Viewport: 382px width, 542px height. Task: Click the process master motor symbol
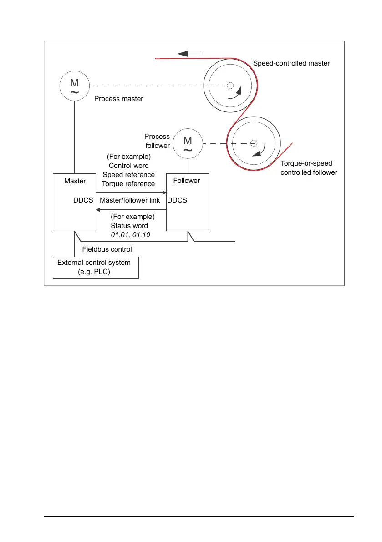74,86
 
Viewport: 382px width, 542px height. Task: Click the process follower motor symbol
188,144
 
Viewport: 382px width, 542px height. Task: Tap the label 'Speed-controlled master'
291,63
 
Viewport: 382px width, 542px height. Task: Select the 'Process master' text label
118,99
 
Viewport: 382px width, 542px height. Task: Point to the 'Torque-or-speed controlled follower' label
309,167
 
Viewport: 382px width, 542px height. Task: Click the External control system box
96,267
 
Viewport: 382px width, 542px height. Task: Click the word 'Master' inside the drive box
75,181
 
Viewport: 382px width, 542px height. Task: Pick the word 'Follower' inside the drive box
187,181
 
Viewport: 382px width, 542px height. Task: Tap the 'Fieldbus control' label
107,249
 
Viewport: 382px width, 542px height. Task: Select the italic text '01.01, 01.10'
131,234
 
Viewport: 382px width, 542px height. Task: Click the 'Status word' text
129,226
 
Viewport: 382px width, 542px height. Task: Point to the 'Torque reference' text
128,183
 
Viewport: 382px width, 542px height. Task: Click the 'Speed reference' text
128,175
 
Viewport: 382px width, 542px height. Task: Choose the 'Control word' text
128,166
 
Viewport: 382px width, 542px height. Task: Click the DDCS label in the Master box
83,200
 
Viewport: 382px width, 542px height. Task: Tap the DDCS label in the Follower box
177,200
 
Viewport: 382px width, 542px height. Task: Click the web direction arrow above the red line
189,53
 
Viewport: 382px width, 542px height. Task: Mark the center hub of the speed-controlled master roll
230,85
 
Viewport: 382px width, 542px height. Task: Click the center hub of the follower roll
254,144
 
